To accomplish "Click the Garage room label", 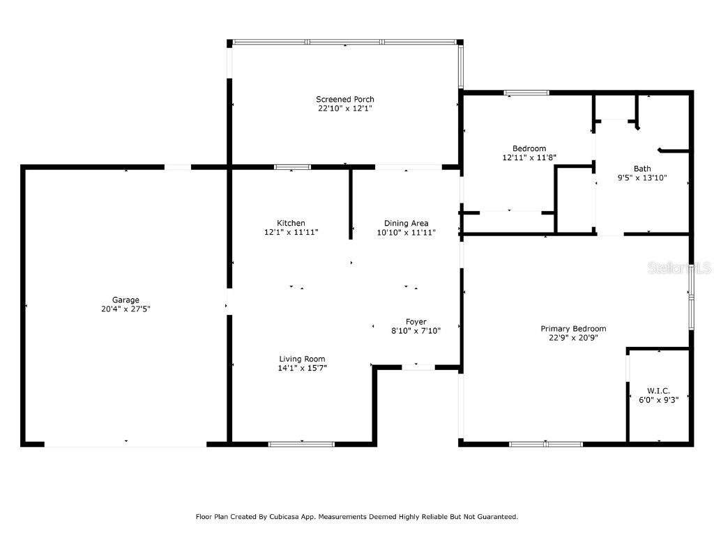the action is click(126, 300).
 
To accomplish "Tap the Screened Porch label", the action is click(345, 99).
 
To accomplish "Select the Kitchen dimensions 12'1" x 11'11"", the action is click(291, 232).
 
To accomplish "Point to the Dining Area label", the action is click(407, 224).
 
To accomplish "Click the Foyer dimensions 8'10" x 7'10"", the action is click(416, 331).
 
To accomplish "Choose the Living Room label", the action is click(302, 359).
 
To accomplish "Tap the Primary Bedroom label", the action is click(573, 329).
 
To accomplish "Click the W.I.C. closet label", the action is click(658, 391).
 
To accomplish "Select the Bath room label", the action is click(642, 169).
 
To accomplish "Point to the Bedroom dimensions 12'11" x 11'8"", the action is click(529, 157).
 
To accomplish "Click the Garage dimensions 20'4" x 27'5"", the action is click(126, 309).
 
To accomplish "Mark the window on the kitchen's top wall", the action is click(292, 167).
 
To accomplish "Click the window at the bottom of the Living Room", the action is click(301, 444).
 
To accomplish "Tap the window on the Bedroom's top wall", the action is click(526, 93).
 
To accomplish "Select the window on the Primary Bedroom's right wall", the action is click(691, 297).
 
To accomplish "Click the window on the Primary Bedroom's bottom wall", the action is click(546, 444).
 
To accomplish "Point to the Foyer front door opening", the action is click(418, 367).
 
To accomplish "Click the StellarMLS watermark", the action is click(679, 267).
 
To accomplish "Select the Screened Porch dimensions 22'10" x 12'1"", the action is click(345, 108).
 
